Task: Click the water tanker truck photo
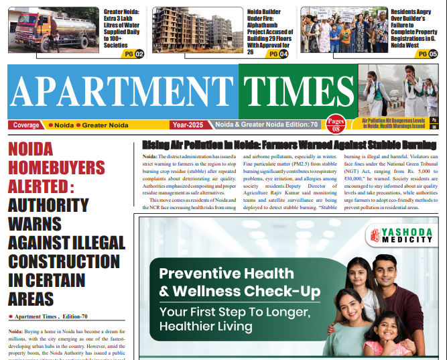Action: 54,30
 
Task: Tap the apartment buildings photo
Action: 198,30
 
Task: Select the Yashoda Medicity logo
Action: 401,236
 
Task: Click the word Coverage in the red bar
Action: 26,125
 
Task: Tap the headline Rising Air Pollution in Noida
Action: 288,145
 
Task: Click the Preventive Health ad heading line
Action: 217,274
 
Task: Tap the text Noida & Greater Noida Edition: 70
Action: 266,125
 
